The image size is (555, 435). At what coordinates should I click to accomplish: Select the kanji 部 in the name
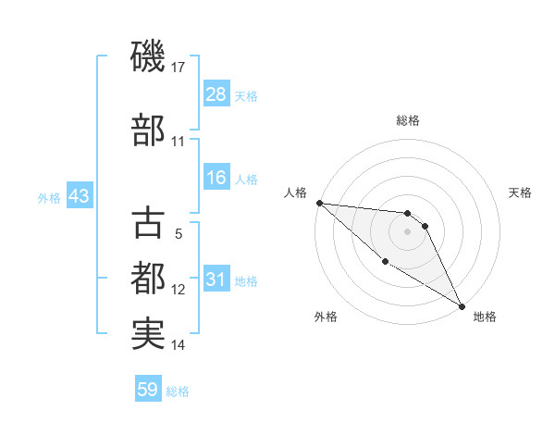148,130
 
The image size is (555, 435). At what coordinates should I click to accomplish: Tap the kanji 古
148,225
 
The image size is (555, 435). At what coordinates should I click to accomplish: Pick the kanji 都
148,278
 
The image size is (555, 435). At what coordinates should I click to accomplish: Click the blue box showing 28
216,94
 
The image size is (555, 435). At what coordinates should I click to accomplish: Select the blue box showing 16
216,178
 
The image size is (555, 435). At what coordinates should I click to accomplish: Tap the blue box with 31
216,280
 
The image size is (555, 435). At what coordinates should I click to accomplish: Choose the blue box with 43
78,196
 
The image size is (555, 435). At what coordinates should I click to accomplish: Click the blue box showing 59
148,390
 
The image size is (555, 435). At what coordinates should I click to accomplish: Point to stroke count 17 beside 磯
179,68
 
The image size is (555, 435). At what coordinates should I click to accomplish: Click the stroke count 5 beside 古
179,234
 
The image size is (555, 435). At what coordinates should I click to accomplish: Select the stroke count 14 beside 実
179,345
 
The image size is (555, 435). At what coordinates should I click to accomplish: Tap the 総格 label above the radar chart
407,120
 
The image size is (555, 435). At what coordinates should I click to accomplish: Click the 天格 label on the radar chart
520,193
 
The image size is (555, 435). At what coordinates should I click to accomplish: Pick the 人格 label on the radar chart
294,193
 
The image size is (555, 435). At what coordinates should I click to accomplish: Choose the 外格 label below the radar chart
326,317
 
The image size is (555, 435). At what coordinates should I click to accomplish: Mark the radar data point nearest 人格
319,203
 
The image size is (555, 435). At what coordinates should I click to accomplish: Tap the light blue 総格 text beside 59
178,391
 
